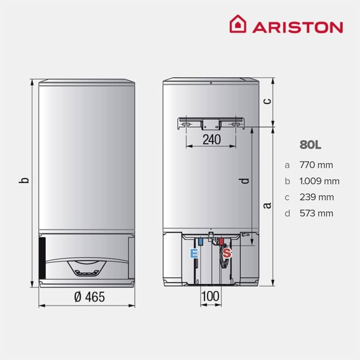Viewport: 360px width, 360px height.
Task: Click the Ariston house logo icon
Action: click(x=238, y=24)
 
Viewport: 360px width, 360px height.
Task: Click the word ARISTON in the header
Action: click(x=297, y=27)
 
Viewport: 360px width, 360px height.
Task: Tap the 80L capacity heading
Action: click(x=310, y=145)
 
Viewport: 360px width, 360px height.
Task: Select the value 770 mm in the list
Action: click(x=316, y=165)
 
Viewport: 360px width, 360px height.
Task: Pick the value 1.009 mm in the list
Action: click(x=319, y=181)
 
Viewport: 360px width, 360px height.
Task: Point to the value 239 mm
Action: click(x=317, y=197)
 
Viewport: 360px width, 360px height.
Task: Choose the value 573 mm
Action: click(x=316, y=213)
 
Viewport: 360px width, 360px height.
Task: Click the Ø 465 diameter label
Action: click(x=90, y=297)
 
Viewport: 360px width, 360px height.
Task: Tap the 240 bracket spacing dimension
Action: click(x=211, y=139)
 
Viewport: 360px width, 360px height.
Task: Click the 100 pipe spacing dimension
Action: click(x=210, y=296)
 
